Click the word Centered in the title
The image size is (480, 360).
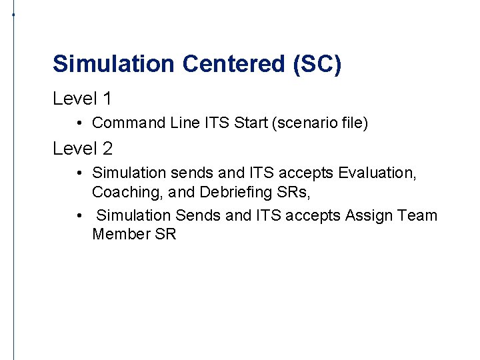pos(223,64)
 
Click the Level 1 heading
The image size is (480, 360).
pos(82,99)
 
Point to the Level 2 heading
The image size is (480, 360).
pos(82,148)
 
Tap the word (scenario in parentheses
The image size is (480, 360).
pos(297,123)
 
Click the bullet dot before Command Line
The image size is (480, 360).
pos(79,123)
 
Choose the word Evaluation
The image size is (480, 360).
pos(377,173)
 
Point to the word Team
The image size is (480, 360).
pos(417,215)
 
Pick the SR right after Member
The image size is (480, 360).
pos(165,234)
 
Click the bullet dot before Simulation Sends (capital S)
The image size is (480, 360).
pos(79,215)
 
